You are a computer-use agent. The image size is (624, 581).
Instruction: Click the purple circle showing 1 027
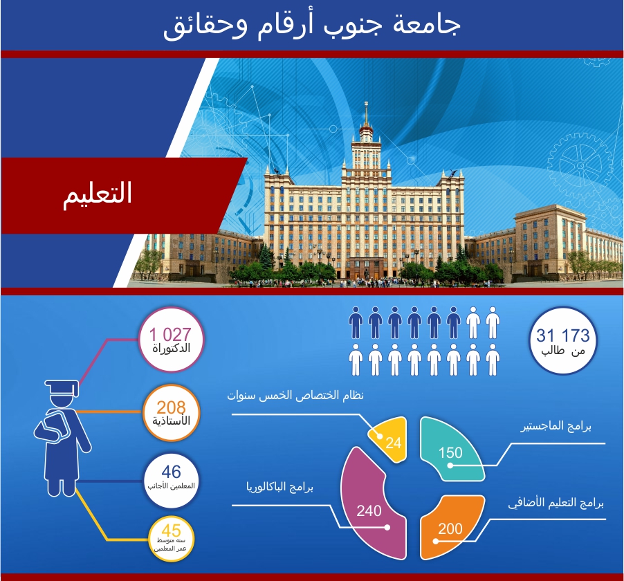click(x=171, y=340)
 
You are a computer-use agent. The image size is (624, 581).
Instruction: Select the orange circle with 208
click(x=171, y=413)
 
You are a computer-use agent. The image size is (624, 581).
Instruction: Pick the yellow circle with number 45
click(x=171, y=538)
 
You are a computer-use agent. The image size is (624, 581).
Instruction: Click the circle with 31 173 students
click(x=562, y=340)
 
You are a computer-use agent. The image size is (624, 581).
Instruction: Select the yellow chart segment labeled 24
click(x=389, y=439)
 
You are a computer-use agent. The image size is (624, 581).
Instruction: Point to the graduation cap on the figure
click(x=62, y=387)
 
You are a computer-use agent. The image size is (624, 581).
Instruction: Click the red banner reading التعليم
click(x=120, y=195)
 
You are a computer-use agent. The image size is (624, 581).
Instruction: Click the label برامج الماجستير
click(x=556, y=427)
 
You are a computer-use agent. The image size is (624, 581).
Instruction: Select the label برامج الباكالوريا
click(x=279, y=488)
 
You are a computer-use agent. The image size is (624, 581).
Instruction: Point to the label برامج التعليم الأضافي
click(x=556, y=503)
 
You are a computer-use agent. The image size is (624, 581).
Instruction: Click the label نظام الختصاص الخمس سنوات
click(x=295, y=396)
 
